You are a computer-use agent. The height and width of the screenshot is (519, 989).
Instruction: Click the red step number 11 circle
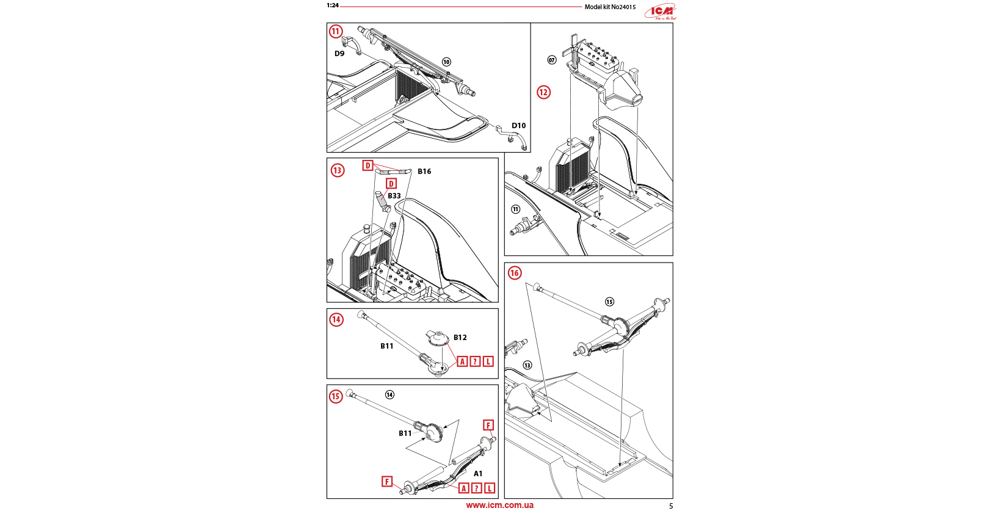pyautogui.click(x=336, y=32)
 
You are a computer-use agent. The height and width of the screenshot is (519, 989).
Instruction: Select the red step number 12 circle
pyautogui.click(x=543, y=92)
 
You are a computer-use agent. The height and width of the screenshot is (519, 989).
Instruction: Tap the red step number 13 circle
pyautogui.click(x=338, y=170)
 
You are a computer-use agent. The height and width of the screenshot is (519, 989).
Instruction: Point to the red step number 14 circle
pyautogui.click(x=336, y=319)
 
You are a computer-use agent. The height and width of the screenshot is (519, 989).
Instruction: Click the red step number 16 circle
pyautogui.click(x=515, y=273)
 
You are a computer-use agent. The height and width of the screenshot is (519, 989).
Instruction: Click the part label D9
pyautogui.click(x=339, y=54)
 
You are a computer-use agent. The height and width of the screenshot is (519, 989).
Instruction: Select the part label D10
pyautogui.click(x=518, y=126)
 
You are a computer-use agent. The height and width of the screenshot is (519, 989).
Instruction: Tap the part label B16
pyautogui.click(x=424, y=172)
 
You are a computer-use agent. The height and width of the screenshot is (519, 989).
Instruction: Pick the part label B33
pyautogui.click(x=394, y=196)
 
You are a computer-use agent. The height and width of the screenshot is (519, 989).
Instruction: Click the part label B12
pyautogui.click(x=460, y=338)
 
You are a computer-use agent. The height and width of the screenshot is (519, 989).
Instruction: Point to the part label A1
pyautogui.click(x=478, y=474)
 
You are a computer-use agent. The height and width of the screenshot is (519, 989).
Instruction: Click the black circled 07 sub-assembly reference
pyautogui.click(x=552, y=60)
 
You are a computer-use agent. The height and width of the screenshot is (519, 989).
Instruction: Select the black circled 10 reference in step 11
pyautogui.click(x=446, y=62)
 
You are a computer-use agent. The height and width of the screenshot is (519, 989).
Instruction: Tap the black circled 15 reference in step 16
pyautogui.click(x=609, y=302)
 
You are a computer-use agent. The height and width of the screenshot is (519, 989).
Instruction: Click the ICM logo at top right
pyautogui.click(x=661, y=12)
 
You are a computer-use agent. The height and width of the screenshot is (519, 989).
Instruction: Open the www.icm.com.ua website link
pyautogui.click(x=499, y=505)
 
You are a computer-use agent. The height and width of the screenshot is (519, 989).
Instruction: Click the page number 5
pyautogui.click(x=671, y=506)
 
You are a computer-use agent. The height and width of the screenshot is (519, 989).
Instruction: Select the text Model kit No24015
pyautogui.click(x=610, y=7)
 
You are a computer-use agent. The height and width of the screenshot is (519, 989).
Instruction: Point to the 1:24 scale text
pyautogui.click(x=332, y=5)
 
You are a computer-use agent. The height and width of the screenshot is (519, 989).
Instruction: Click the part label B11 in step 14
pyautogui.click(x=387, y=346)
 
